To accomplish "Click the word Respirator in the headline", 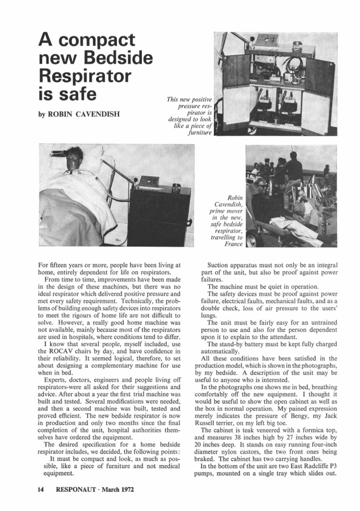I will [x=85, y=75].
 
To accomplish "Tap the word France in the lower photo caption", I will [x=234, y=244].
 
